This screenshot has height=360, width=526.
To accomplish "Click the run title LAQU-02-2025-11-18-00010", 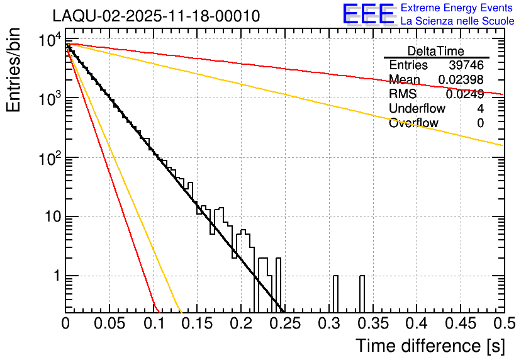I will (156, 16).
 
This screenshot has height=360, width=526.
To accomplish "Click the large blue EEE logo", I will (368, 15).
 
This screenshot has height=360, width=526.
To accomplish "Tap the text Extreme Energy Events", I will (457, 8).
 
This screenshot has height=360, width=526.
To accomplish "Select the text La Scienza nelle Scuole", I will (457, 21).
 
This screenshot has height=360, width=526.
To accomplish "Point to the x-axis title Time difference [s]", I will (430, 346).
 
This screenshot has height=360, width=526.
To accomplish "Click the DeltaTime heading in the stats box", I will (436, 51).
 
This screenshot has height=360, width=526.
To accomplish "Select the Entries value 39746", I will (466, 65).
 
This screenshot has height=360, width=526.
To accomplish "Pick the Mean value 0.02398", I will (461, 80).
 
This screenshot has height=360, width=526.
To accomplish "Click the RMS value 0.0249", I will (464, 94).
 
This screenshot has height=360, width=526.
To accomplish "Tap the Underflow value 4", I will (480, 109).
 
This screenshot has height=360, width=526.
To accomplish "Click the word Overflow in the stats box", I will (413, 123).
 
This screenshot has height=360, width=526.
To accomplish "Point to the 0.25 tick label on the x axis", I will (284, 323).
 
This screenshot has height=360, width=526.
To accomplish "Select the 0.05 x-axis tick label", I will (109, 323).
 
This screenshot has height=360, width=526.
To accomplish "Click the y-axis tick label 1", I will (55, 276).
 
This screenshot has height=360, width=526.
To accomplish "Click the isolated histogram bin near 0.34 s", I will (362, 293).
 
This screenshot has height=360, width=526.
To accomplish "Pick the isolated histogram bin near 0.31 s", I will (335, 293).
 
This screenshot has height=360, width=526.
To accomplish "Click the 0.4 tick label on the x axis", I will (416, 323).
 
